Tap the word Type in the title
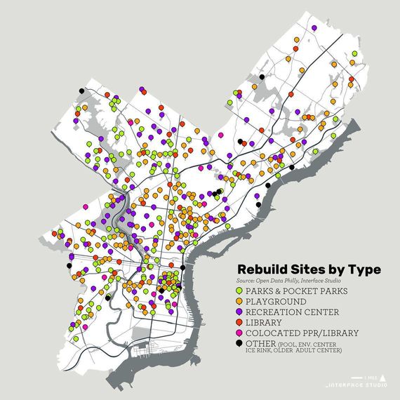[x=365, y=269]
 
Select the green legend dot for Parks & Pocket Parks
[x=240, y=290]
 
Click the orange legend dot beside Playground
[x=240, y=300]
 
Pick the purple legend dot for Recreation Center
[x=240, y=311]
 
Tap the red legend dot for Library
[x=240, y=321]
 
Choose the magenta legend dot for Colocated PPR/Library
[x=240, y=332]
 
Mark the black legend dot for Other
[x=240, y=342]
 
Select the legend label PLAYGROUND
[x=277, y=301]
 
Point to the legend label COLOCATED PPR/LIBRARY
[x=302, y=333]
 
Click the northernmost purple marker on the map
[x=314, y=27]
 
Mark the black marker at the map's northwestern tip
[x=82, y=91]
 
